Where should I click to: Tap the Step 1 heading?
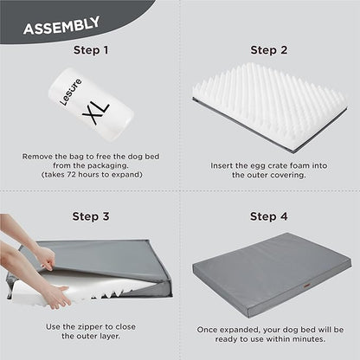pyautogui.click(x=91, y=50)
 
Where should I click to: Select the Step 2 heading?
pyautogui.click(x=269, y=50)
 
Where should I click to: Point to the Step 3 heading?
pyautogui.click(x=91, y=215)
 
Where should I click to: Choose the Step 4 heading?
pyautogui.click(x=269, y=215)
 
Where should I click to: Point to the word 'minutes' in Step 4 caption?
pyautogui.click(x=318, y=341)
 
